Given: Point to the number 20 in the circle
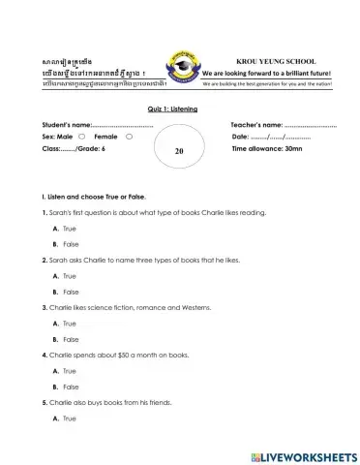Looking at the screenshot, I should (179, 152).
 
